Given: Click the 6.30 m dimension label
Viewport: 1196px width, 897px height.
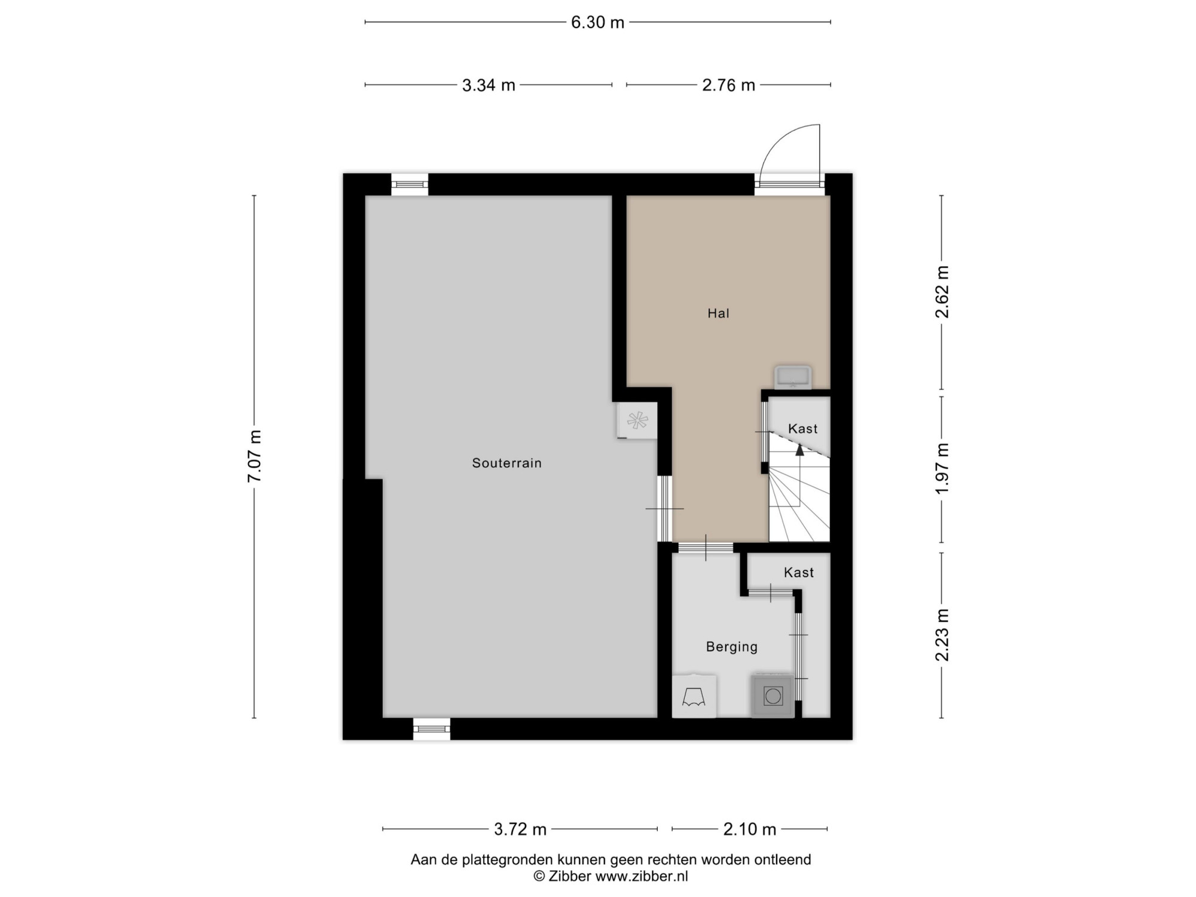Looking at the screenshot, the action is pyautogui.click(x=597, y=23).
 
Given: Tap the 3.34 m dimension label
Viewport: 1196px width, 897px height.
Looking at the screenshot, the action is pyautogui.click(x=489, y=86).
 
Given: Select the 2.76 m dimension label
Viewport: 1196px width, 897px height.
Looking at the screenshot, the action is pyautogui.click(x=728, y=86).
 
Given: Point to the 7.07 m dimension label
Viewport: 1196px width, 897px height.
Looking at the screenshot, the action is pyautogui.click(x=255, y=456).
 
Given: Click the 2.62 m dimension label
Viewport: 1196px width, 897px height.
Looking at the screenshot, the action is pyautogui.click(x=942, y=292).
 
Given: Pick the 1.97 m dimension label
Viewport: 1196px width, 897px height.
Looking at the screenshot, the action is pyautogui.click(x=942, y=469).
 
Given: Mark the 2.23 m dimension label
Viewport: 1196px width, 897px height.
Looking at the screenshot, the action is pyautogui.click(x=942, y=635).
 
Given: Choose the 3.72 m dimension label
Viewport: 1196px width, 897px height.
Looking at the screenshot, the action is pyautogui.click(x=520, y=829).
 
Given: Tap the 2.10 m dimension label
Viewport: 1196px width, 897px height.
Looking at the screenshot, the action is pyautogui.click(x=749, y=829).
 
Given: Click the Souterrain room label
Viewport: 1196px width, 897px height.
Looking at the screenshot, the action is pyautogui.click(x=507, y=463).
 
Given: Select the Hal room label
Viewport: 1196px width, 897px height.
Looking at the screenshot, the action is pyautogui.click(x=718, y=313).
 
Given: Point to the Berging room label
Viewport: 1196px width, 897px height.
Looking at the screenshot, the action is pyautogui.click(x=732, y=647).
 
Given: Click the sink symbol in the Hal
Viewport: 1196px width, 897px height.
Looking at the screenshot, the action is pyautogui.click(x=793, y=377).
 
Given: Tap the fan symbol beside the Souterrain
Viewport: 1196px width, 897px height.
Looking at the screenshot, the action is pyautogui.click(x=637, y=420).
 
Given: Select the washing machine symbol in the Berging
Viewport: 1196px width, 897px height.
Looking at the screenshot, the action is pyautogui.click(x=773, y=695).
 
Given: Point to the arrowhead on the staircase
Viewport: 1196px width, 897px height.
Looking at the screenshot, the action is pyautogui.click(x=800, y=450).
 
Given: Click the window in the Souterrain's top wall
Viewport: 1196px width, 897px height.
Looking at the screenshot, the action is pyautogui.click(x=410, y=185).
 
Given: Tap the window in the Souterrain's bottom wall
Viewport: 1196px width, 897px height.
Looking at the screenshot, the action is pyautogui.click(x=432, y=729).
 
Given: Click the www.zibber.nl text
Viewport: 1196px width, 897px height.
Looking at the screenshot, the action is pyautogui.click(x=642, y=877).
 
